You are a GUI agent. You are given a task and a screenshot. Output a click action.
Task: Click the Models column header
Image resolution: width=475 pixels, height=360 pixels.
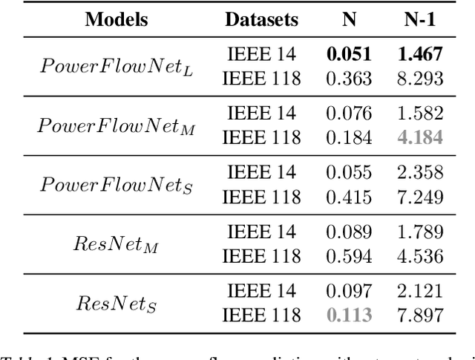[117, 19]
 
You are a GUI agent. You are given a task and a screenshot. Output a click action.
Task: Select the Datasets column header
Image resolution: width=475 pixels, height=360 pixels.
[261, 19]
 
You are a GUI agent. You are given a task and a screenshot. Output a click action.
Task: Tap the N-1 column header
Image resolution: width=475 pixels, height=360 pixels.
[420, 19]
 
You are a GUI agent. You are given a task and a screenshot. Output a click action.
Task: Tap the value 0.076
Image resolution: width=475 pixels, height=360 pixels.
[350, 114]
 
